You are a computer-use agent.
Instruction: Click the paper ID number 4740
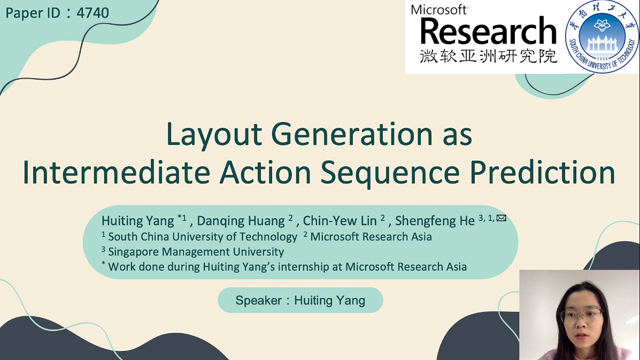(92, 13)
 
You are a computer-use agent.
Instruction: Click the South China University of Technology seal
(602, 37)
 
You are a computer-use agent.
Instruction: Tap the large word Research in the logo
(488, 31)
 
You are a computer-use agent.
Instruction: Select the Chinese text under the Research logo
(488, 56)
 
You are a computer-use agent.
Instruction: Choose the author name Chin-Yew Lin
(340, 220)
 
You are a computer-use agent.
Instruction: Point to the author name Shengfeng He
(435, 220)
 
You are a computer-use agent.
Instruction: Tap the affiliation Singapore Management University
(196, 251)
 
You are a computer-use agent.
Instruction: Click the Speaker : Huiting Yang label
(300, 300)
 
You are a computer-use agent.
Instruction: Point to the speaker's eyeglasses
(581, 315)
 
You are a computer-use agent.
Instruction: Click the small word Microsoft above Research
(439, 10)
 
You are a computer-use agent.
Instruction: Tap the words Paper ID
(33, 13)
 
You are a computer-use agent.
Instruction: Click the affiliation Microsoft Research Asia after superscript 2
(371, 236)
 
